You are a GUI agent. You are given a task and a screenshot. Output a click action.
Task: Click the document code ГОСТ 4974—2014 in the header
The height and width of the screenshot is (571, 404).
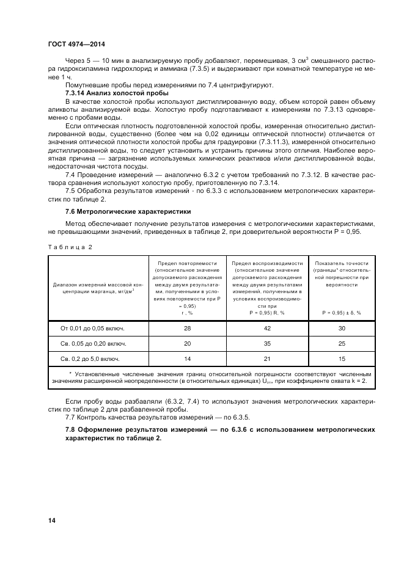[x=76, y=44]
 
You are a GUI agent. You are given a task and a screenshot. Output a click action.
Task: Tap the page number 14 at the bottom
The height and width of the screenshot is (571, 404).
[x=51, y=520]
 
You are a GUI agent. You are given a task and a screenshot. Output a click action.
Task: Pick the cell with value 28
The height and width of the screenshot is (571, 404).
[x=187, y=329]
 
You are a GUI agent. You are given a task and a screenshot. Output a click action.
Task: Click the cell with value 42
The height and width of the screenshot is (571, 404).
[x=267, y=329]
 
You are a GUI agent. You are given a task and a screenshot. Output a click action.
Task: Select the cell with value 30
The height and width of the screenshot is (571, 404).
[x=342, y=329]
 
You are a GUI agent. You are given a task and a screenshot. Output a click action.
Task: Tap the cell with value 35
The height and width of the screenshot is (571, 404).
[x=267, y=343]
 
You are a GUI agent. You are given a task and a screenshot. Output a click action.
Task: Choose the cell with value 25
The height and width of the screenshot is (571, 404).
[x=342, y=343]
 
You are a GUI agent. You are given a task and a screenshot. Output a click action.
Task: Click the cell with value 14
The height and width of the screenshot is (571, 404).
[x=187, y=358]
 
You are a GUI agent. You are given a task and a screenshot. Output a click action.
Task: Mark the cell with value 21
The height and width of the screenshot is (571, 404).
[x=267, y=358]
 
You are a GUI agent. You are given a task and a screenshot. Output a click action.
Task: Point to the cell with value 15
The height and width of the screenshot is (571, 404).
[x=342, y=358]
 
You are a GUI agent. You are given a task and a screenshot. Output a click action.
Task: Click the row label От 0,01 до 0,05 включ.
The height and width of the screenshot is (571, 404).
[x=97, y=329]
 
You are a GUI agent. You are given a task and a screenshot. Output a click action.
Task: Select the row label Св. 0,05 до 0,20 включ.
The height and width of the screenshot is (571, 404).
[x=97, y=343]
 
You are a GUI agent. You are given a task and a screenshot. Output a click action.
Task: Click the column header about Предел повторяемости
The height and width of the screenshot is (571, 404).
[x=187, y=287]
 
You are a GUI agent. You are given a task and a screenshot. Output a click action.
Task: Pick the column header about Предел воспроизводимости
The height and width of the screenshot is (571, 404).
[x=267, y=287]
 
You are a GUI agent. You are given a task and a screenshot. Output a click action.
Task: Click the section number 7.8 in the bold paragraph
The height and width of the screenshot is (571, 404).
[x=71, y=430]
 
